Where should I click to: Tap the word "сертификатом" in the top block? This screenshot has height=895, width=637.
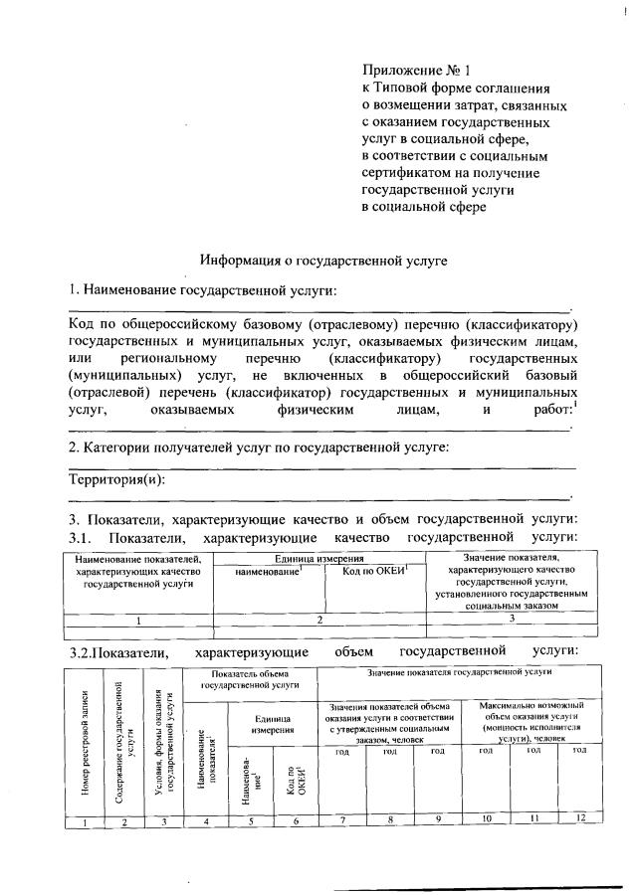(402, 173)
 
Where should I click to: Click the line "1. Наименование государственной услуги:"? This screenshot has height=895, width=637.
(202, 290)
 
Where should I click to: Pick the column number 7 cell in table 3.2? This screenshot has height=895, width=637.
(340, 818)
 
